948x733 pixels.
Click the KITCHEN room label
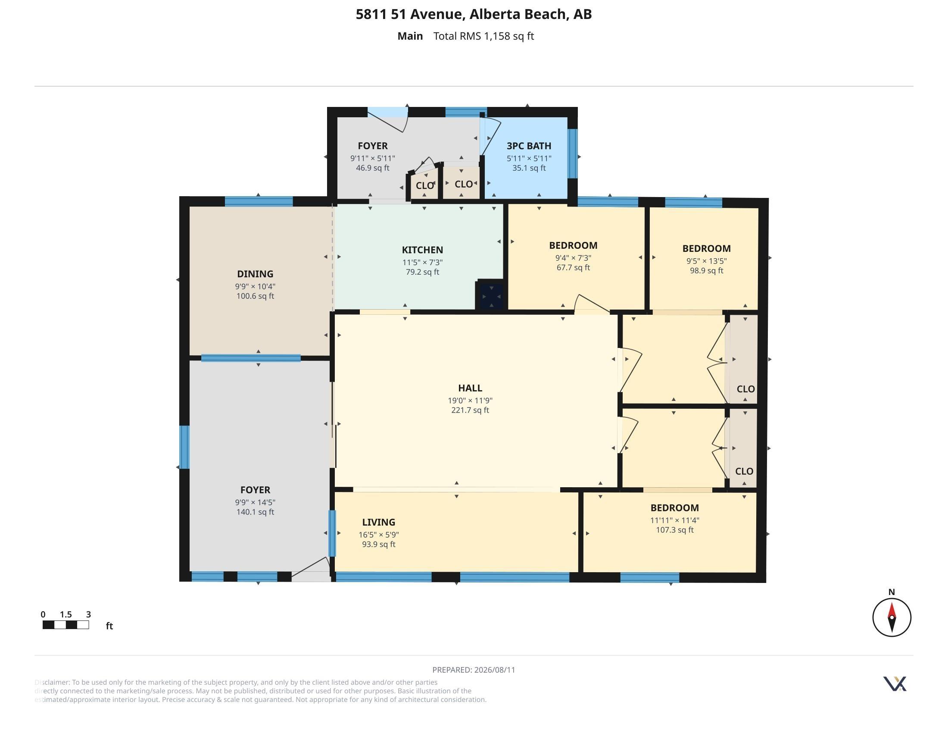point(422,250)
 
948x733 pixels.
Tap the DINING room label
point(255,274)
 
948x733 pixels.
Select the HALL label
point(470,388)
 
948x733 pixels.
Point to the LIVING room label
point(378,523)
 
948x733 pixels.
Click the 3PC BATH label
point(529,146)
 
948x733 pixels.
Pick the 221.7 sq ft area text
point(470,410)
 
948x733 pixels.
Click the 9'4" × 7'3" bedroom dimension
point(573,258)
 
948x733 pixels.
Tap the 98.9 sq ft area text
point(707,271)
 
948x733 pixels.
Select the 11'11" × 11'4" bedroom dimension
point(674,520)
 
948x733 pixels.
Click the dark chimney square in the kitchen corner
point(491,296)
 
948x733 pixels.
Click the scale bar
point(65,625)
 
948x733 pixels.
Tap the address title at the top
point(474,14)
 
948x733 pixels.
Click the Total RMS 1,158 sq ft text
point(483,36)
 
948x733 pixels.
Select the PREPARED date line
point(474,670)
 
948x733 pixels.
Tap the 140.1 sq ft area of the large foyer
point(255,512)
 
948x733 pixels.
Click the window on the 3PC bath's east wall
point(573,154)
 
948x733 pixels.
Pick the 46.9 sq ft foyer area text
point(372,168)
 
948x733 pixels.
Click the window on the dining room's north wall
point(259,201)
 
